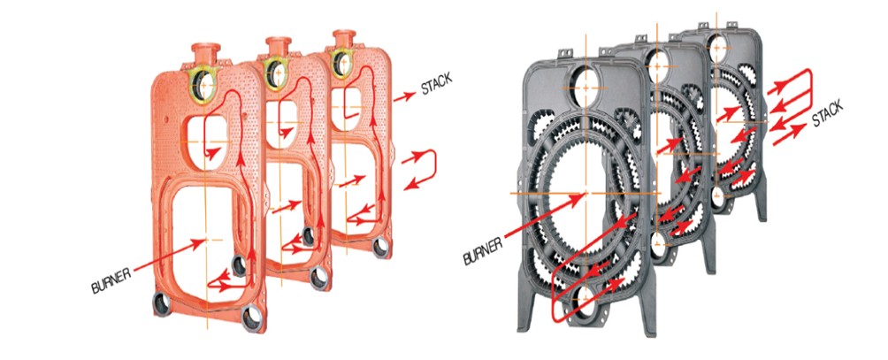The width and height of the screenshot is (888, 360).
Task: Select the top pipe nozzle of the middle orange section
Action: pos(278,46)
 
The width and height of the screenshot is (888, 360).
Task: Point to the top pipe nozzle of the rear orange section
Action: pos(344,39)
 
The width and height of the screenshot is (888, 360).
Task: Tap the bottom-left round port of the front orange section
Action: pos(162,305)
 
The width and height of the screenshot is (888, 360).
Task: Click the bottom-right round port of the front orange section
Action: pos(252,318)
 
